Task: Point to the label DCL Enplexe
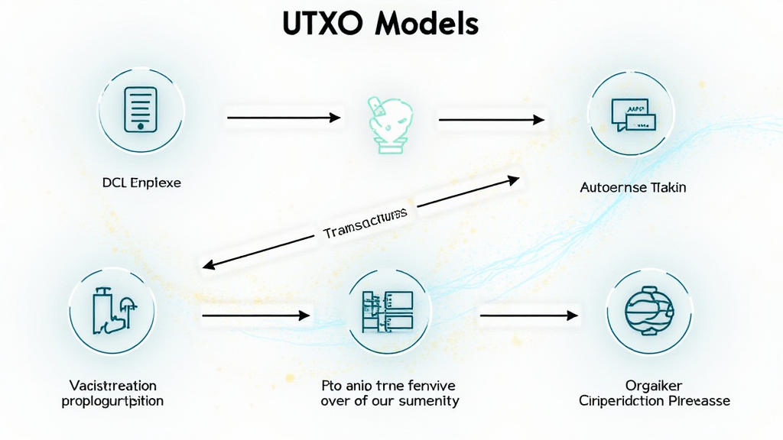(141, 184)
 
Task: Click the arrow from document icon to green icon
(283, 118)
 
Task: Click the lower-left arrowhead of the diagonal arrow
(206, 266)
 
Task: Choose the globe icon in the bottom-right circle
(646, 314)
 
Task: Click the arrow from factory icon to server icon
(256, 315)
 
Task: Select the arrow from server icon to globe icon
(528, 315)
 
